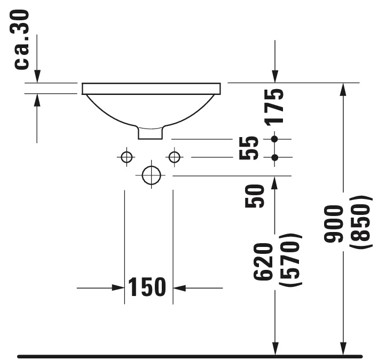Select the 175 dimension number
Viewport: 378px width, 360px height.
[275, 107]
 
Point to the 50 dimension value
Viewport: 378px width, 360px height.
[255, 196]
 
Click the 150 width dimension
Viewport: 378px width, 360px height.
[147, 288]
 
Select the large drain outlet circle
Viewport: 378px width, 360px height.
[151, 174]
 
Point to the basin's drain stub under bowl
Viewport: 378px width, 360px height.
[151, 132]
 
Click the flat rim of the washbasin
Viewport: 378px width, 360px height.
[151, 89]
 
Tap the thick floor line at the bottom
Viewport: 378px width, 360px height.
[189, 356]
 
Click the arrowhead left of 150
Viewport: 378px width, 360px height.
[119, 288]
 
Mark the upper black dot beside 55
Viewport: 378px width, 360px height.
[274, 139]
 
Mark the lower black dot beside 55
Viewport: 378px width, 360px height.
[274, 157]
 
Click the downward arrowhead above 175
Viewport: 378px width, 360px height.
[274, 77]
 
